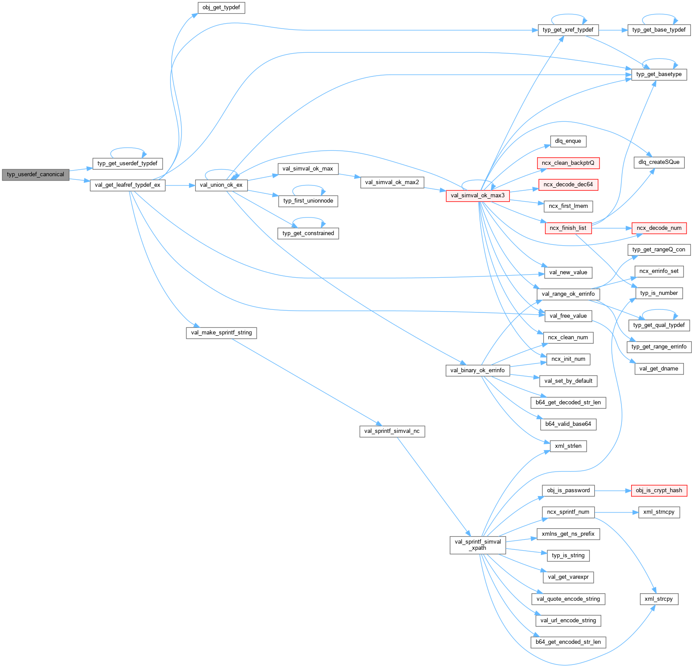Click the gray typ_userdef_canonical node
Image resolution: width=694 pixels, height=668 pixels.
pyautogui.click(x=36, y=174)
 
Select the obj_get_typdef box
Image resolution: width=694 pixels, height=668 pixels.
pyautogui.click(x=221, y=7)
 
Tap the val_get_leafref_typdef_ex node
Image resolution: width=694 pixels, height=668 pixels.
pyautogui.click(x=127, y=185)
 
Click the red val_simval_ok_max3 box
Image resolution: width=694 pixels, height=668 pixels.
pyautogui.click(x=478, y=196)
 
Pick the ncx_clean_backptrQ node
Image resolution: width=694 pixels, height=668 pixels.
pyautogui.click(x=568, y=163)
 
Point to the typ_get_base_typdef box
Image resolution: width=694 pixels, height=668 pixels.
pyautogui.click(x=659, y=30)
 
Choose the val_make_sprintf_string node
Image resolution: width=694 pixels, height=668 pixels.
pyautogui.click(x=221, y=333)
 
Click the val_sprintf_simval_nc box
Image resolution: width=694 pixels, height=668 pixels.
pyautogui.click(x=392, y=431)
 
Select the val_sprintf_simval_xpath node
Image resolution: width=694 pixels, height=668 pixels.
pyautogui.click(x=478, y=545)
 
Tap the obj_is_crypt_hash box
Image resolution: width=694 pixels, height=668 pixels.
pyautogui.click(x=659, y=490)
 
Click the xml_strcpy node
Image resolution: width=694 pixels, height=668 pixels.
pyautogui.click(x=659, y=599)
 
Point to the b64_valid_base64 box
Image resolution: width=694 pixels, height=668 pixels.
pyautogui.click(x=568, y=424)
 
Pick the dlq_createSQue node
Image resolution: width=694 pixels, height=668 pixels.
pyautogui.click(x=659, y=162)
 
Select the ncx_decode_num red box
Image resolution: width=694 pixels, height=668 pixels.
pyautogui.click(x=659, y=228)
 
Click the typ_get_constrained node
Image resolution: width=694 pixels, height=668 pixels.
pyautogui.click(x=308, y=233)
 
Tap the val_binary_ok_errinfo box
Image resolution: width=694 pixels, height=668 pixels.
pyautogui.click(x=478, y=370)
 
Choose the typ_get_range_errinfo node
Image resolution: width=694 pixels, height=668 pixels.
pyautogui.click(x=659, y=347)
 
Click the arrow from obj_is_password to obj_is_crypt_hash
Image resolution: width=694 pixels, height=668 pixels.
pyautogui.click(x=613, y=490)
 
